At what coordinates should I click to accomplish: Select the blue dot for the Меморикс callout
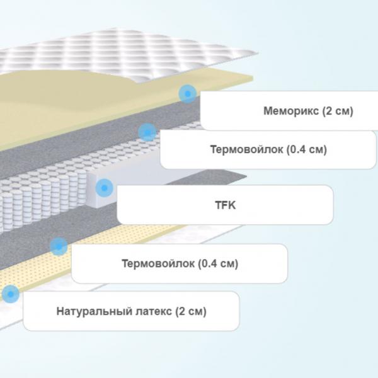coord(188,93)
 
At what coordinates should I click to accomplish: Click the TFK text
coord(226,205)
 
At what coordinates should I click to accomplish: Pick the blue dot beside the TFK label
coord(104,188)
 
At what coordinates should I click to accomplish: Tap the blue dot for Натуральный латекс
coord(10,294)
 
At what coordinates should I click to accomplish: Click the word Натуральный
coord(94,311)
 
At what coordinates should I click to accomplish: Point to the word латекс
coord(154,311)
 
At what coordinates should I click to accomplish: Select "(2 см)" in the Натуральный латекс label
coord(191,311)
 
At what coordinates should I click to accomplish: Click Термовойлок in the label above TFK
coord(246,149)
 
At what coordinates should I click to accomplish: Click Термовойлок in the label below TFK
coord(158,263)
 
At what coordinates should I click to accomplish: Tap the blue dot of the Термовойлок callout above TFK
coord(147,132)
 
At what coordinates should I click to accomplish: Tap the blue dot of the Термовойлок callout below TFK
coord(59,246)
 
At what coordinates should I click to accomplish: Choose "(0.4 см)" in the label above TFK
coord(307,149)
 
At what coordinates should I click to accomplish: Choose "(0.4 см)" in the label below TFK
coord(218,263)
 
